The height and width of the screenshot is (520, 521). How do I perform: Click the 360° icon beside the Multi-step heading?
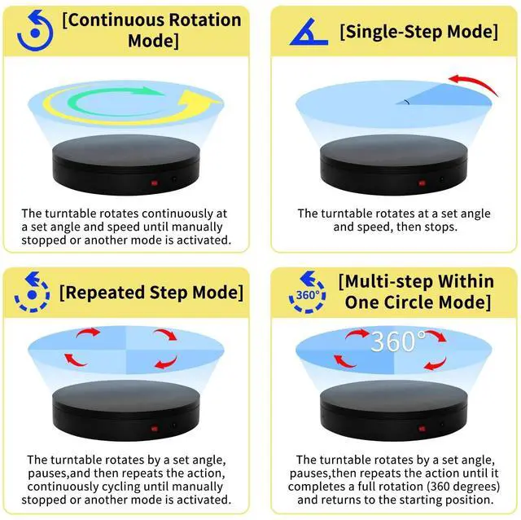tap(308, 293)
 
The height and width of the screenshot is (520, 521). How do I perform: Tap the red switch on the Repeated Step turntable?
tap(152, 426)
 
